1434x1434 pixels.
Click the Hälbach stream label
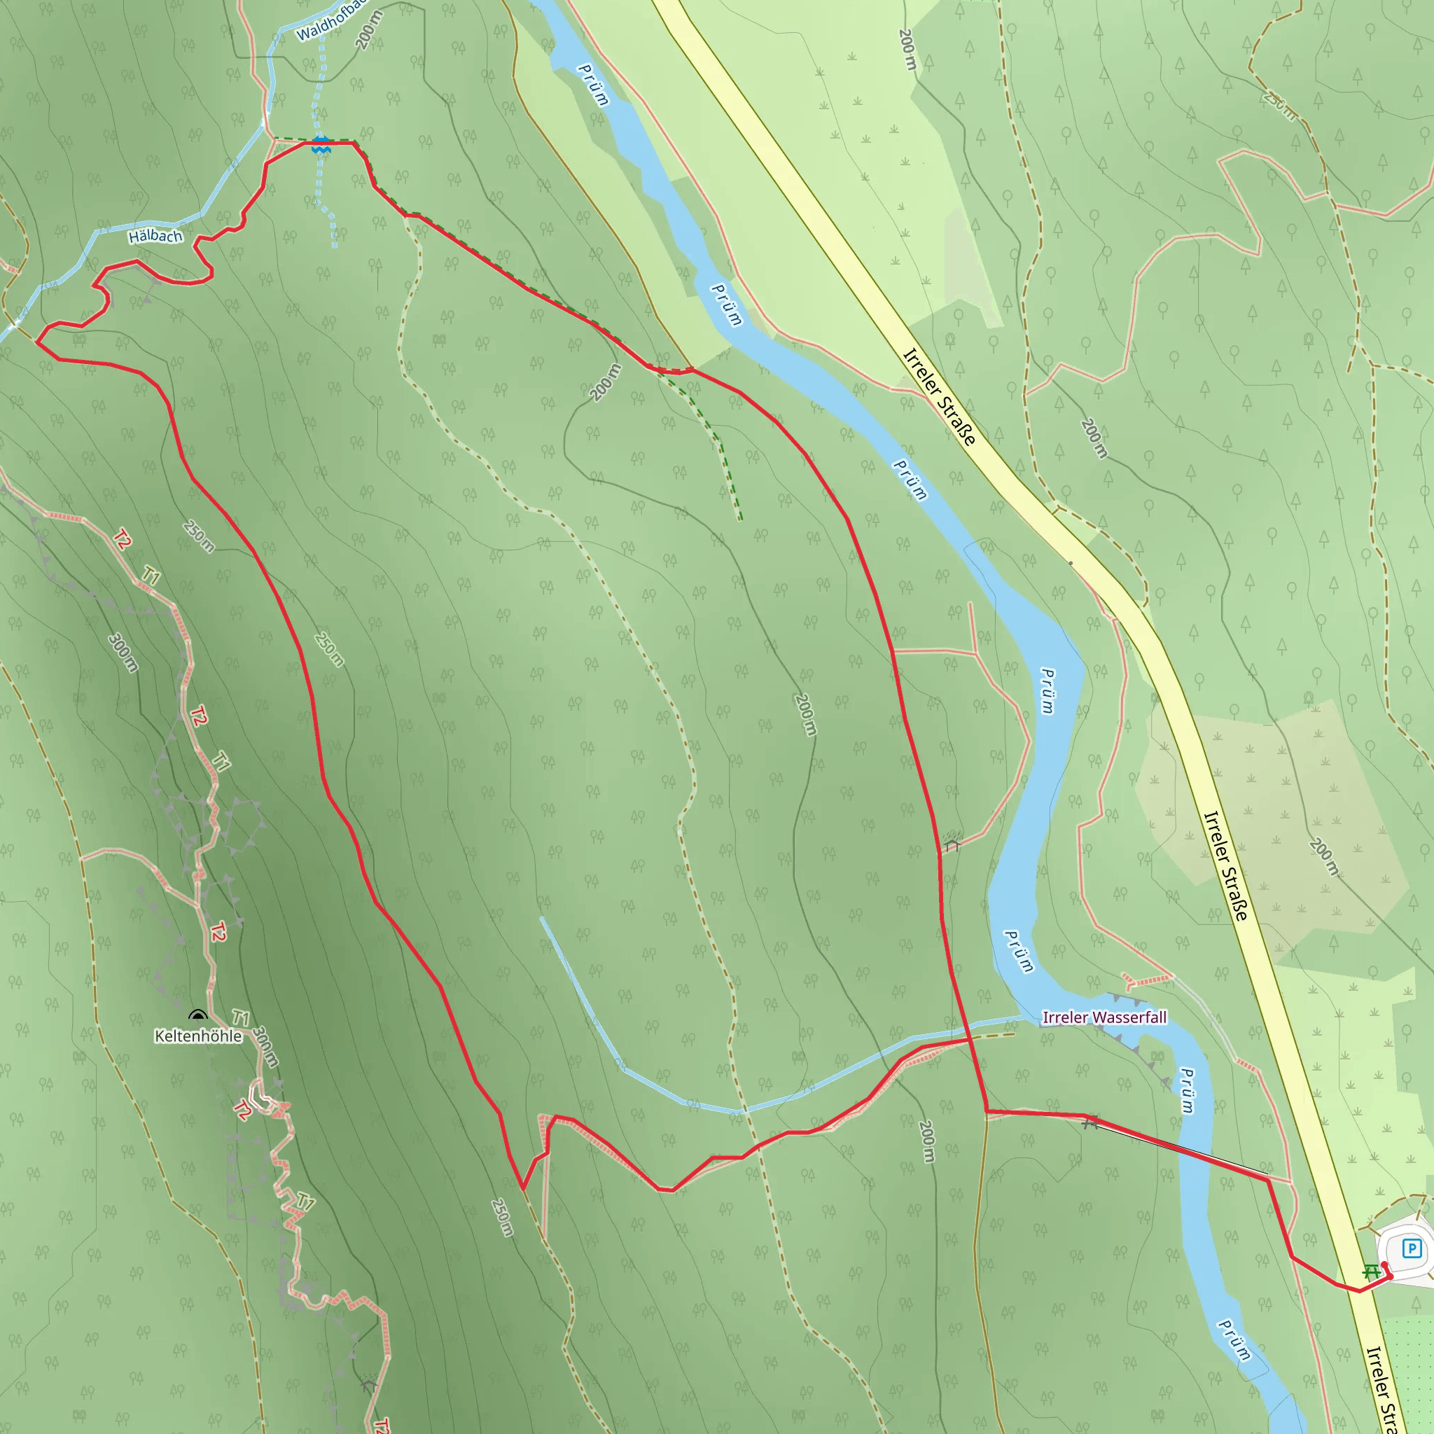[x=155, y=237]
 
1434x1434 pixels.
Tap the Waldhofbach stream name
[x=331, y=22]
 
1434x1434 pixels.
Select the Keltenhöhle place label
[x=198, y=1036]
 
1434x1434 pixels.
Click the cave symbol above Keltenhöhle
[x=197, y=1015]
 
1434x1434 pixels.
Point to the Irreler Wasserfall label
[x=1104, y=1017]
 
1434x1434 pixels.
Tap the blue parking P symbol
[x=1412, y=1249]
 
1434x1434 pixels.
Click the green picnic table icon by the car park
[x=1372, y=1272]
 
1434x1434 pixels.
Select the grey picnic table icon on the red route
[x=1089, y=1123]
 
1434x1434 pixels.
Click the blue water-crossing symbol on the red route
[x=321, y=145]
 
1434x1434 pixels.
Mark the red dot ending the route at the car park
[x=1384, y=1264]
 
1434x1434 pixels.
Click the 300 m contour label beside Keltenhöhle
[x=265, y=1047]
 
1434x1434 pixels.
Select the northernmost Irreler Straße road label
[x=939, y=397]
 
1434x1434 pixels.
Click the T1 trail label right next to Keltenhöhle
[x=239, y=1017]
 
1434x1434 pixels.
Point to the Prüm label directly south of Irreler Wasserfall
[x=1187, y=1090]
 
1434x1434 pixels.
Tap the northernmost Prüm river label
[x=593, y=85]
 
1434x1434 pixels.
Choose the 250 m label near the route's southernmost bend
[x=502, y=1217]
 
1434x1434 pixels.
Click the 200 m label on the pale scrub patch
[x=1323, y=856]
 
